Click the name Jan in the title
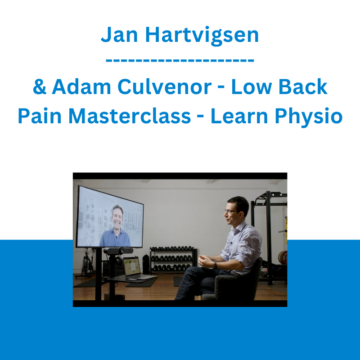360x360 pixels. [119, 35]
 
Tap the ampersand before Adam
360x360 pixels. [40, 87]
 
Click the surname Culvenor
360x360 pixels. [164, 87]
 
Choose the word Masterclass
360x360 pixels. [130, 116]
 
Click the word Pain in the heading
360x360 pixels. [40, 116]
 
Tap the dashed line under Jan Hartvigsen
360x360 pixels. [180, 61]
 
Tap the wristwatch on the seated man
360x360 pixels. [216, 265]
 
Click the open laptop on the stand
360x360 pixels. [137, 269]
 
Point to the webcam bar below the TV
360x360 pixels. [118, 251]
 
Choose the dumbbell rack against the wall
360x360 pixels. [173, 260]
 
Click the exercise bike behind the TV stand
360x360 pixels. [87, 264]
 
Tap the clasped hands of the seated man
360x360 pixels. [205, 261]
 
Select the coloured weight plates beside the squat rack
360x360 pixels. [283, 257]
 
